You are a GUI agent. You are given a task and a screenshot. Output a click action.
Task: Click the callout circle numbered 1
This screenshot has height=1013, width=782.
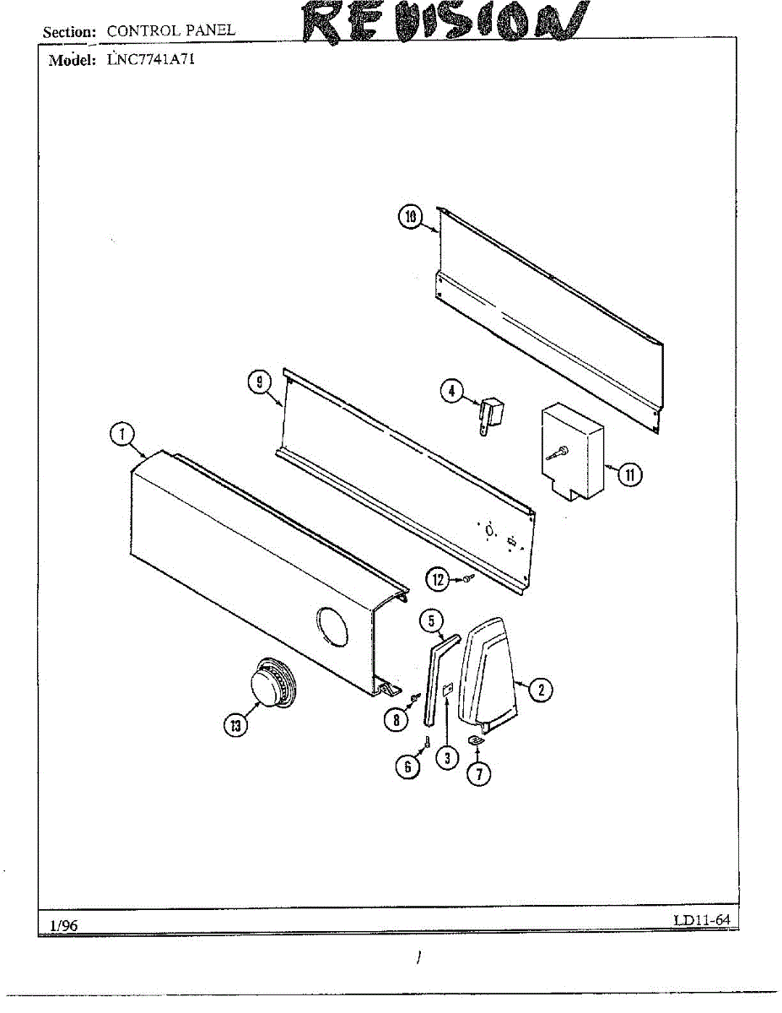pyautogui.click(x=122, y=434)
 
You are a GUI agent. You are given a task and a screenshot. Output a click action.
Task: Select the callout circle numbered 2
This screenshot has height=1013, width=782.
pyautogui.click(x=540, y=690)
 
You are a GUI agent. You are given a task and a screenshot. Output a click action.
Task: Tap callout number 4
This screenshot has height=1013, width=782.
pyautogui.click(x=452, y=390)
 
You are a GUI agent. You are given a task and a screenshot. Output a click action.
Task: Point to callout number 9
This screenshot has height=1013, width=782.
pyautogui.click(x=260, y=382)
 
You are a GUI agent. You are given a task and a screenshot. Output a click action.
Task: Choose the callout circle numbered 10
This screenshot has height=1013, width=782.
pyautogui.click(x=410, y=218)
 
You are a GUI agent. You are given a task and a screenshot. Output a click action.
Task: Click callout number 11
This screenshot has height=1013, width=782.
pyautogui.click(x=628, y=474)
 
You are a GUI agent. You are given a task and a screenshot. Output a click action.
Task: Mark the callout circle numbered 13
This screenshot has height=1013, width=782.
pyautogui.click(x=236, y=724)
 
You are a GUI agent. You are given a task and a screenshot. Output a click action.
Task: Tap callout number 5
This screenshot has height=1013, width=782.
pyautogui.click(x=431, y=622)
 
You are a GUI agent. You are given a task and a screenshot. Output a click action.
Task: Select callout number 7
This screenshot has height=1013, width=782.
pyautogui.click(x=478, y=772)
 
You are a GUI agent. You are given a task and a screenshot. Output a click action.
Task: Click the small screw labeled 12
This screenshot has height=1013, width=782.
pyautogui.click(x=467, y=578)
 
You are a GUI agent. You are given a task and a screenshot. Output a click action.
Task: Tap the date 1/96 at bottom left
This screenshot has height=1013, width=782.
pyautogui.click(x=63, y=926)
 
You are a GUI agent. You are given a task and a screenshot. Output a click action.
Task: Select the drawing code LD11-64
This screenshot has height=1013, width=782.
pyautogui.click(x=701, y=919)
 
